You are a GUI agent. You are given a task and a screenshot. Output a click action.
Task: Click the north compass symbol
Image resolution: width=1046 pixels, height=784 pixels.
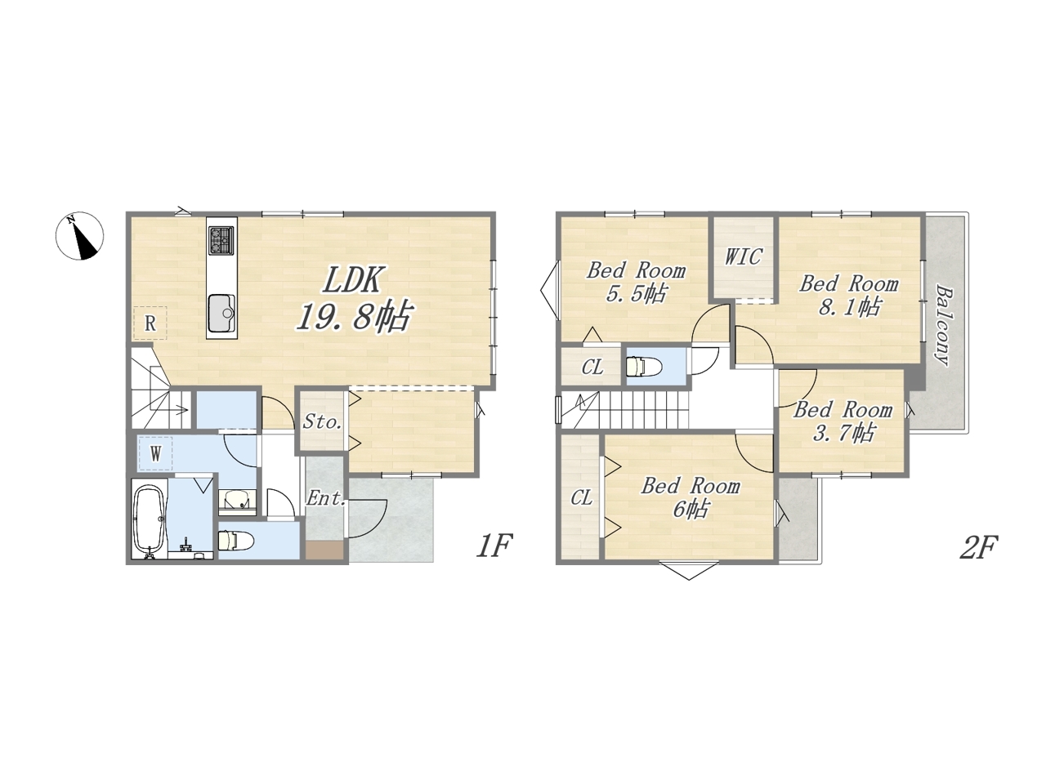79,236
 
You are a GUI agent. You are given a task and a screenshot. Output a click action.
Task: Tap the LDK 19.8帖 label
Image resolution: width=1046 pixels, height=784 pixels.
353,298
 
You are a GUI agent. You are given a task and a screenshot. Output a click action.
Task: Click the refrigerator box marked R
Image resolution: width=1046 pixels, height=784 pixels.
150,323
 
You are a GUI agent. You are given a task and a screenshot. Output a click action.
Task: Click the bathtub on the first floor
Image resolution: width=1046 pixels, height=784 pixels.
150,519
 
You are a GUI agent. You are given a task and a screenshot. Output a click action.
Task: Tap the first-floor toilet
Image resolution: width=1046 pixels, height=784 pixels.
236,541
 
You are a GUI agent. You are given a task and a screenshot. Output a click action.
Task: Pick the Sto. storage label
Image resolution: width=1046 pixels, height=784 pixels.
323,421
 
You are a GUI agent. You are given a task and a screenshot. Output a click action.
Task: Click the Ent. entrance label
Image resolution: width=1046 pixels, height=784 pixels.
326,498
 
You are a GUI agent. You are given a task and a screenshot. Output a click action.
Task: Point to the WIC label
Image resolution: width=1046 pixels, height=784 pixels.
744,256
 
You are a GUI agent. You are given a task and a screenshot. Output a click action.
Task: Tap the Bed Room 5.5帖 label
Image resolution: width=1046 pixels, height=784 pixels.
636,282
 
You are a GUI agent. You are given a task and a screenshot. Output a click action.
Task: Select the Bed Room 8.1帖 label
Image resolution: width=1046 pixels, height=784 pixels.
849,295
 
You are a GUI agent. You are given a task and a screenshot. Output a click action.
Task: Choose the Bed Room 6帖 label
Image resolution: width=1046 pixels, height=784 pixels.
691,497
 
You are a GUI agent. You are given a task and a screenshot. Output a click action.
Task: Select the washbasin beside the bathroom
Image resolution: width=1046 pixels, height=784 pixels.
237,501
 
